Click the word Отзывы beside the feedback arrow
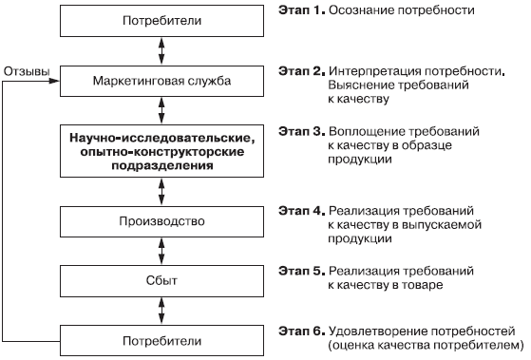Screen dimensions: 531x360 click(x=27, y=71)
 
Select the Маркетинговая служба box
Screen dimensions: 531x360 click(x=161, y=82)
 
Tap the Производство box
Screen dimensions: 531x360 click(x=161, y=221)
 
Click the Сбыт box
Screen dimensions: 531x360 click(x=161, y=281)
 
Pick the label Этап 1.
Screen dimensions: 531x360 click(x=302, y=10)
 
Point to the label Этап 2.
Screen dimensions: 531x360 click(x=302, y=71)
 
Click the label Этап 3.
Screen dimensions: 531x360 click(x=302, y=131)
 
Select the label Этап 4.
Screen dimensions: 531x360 click(x=302, y=211)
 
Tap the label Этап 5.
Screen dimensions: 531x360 click(x=302, y=271)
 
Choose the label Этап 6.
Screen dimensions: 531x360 click(x=302, y=331)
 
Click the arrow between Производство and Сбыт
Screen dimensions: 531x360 click(x=161, y=252)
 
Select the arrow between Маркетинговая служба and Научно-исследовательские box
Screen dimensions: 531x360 click(x=161, y=111)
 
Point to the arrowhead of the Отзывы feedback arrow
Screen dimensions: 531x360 click(x=55, y=81)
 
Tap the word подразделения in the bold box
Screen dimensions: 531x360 click(x=162, y=165)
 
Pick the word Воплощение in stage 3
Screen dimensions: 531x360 click(x=367, y=131)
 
